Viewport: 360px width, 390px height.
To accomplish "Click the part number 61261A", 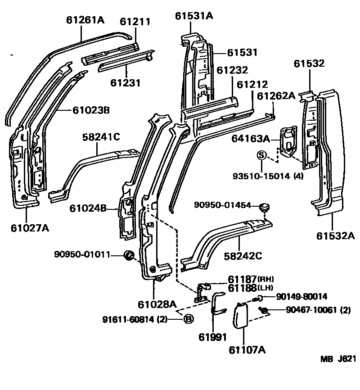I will pos(85,20).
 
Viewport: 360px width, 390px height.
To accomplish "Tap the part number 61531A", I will pos(194,16).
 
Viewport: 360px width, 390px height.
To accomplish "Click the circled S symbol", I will pos(261,155).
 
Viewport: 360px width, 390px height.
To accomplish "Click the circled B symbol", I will pos(189,319).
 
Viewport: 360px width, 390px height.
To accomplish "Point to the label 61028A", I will pos(157,304).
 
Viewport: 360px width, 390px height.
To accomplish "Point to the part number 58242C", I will pos(243,256).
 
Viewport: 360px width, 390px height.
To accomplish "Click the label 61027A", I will pos(30,227).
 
